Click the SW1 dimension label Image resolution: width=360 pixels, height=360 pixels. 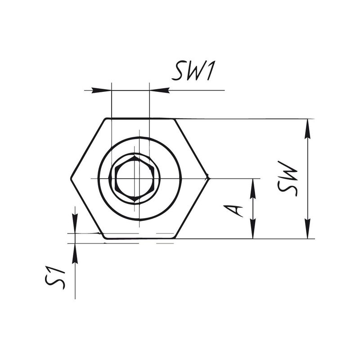click(193, 71)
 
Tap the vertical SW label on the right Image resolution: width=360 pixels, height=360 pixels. click(288, 179)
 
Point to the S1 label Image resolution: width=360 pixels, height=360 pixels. click(55, 278)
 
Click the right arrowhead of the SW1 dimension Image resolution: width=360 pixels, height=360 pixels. click(159, 90)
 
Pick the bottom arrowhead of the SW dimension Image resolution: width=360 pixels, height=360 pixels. click(308, 229)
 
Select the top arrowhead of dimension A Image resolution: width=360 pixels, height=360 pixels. click(253, 189)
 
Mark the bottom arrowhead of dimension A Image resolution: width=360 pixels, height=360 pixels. click(253, 229)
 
